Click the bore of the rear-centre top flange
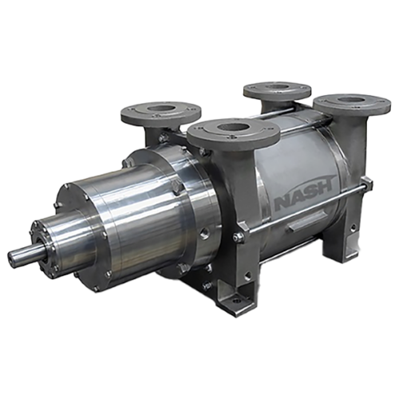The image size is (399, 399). [279, 87]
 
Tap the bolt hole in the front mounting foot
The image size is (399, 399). [235, 301]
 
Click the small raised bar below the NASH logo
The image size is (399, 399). [305, 224]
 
